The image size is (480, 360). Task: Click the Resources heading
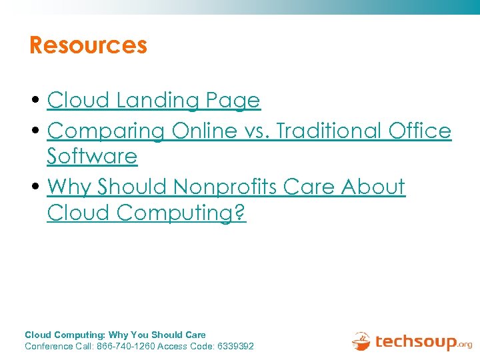88,45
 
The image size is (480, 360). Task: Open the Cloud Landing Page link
153,101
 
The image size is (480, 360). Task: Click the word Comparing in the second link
106,131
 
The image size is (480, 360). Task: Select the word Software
92,157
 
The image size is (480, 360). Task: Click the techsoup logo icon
361,341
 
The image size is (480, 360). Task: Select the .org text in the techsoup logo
464,345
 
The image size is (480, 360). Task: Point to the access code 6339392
235,347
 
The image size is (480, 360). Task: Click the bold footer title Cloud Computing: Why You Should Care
115,335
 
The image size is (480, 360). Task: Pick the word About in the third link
373,187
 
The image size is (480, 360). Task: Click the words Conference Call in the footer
58,347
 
